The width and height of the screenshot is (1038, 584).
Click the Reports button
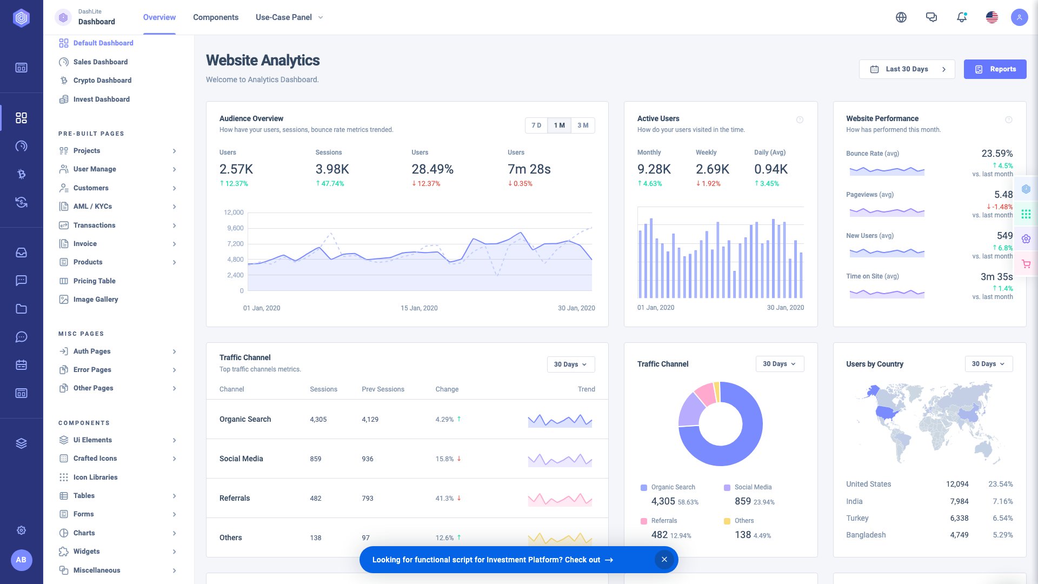(995, 69)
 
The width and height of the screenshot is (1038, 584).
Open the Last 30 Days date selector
(907, 69)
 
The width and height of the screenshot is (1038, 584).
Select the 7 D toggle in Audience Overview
(536, 125)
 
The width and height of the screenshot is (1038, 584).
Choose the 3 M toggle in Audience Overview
(583, 125)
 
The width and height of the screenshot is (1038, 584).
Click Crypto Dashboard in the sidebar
(102, 81)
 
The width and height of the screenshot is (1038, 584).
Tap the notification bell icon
(961, 17)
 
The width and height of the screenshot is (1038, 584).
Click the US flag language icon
(992, 17)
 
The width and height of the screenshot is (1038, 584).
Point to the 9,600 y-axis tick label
(235, 228)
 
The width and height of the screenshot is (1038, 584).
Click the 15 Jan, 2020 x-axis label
(419, 308)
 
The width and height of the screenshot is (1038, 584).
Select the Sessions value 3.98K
(332, 169)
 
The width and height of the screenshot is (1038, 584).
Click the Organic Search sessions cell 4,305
(318, 420)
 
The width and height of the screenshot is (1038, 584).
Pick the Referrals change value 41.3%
(444, 499)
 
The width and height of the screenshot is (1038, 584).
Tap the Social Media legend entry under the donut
(753, 487)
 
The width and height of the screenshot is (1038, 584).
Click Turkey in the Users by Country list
(857, 518)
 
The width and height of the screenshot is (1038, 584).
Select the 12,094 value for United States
(957, 485)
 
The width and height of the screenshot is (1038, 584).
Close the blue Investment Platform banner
(664, 560)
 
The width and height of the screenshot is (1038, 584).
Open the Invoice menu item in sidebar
(85, 244)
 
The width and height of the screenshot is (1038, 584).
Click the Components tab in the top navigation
(215, 17)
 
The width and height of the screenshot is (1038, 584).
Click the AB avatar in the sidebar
(21, 560)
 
